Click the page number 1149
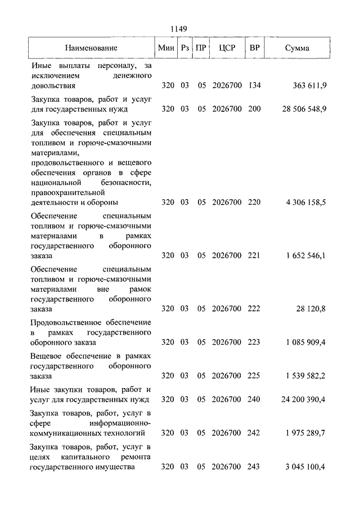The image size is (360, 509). point(180,29)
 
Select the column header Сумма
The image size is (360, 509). point(297,48)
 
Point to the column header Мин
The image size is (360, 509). point(166,48)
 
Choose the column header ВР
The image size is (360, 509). point(254,48)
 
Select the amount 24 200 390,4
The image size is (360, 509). point(304,400)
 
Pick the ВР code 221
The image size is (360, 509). point(254,256)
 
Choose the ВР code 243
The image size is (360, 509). point(254,467)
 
